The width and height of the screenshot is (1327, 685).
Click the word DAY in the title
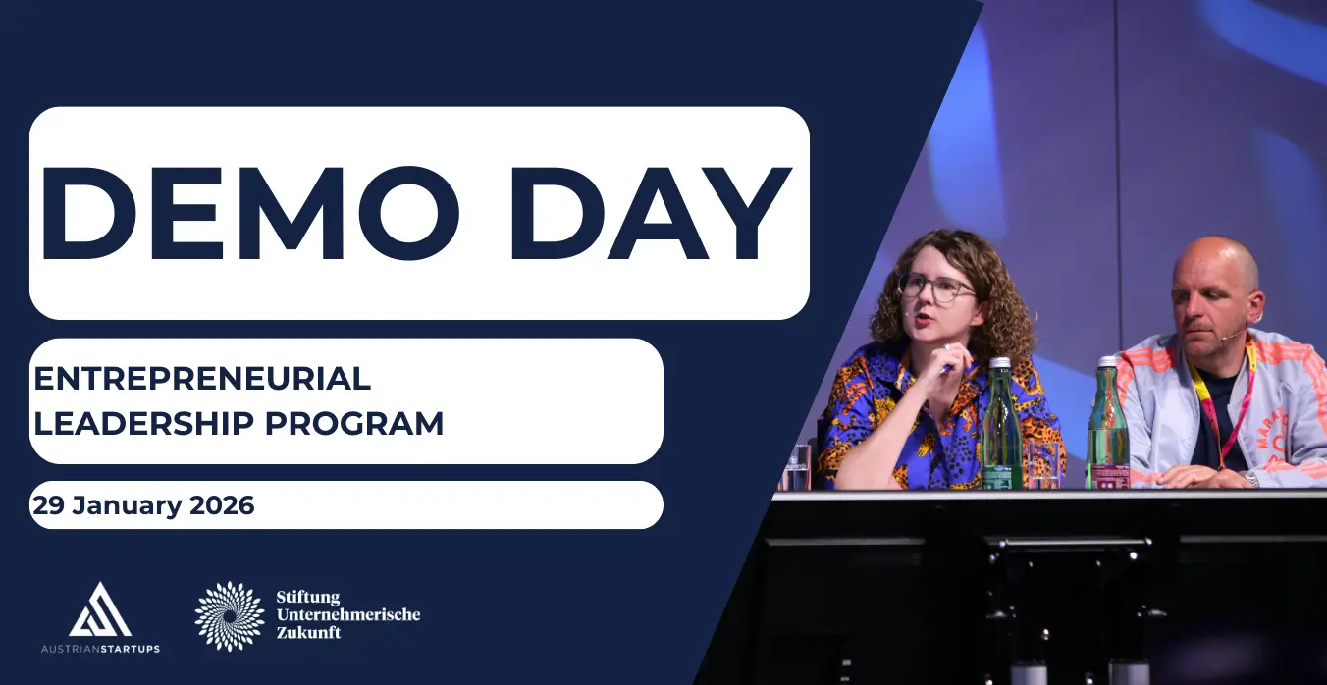point(651,213)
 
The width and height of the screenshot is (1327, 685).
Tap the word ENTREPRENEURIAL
point(202,379)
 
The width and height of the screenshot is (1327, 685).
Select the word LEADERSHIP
point(144,423)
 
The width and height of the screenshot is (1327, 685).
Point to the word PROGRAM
point(353,423)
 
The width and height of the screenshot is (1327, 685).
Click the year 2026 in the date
point(222,505)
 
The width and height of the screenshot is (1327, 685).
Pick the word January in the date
point(127,505)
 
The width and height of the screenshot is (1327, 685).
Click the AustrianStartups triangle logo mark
point(100,609)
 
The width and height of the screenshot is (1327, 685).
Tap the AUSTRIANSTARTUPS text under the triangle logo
point(100,649)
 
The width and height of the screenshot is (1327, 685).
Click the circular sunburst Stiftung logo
point(230,616)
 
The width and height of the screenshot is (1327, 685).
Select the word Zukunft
point(308,632)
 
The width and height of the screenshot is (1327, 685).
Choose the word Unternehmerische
point(348,614)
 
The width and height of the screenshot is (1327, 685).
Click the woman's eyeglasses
point(937,289)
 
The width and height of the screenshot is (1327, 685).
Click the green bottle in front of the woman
point(1001,423)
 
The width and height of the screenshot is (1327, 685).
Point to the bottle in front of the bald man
point(1108,423)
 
